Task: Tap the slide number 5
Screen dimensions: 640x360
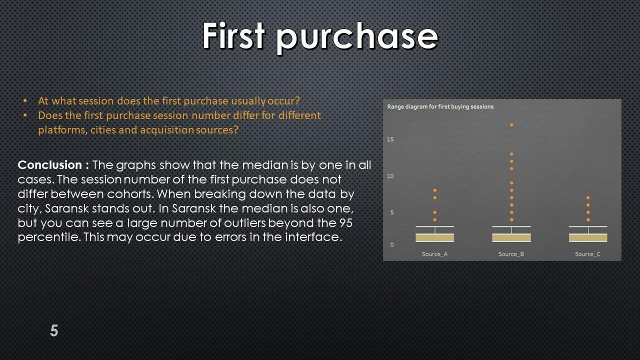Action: click(54, 330)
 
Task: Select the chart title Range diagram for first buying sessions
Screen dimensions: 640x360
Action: click(440, 106)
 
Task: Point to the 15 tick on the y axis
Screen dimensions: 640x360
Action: click(390, 139)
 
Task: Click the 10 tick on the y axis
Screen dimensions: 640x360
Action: click(390, 176)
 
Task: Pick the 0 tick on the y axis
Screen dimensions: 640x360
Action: click(392, 244)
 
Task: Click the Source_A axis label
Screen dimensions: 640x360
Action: click(434, 254)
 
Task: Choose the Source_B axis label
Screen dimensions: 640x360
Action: click(511, 254)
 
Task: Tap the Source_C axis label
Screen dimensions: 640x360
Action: click(587, 254)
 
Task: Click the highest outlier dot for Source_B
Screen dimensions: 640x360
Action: click(511, 125)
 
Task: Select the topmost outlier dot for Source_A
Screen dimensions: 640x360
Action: click(435, 190)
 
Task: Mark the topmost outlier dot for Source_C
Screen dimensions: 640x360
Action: click(588, 197)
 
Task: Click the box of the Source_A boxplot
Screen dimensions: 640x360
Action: click(435, 237)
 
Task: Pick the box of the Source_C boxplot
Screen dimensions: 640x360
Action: click(588, 237)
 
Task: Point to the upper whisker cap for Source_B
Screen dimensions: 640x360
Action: click(511, 226)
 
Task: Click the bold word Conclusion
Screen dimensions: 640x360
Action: click(49, 165)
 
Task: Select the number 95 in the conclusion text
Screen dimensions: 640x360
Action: click(346, 223)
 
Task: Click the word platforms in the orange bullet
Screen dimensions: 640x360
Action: click(63, 130)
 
